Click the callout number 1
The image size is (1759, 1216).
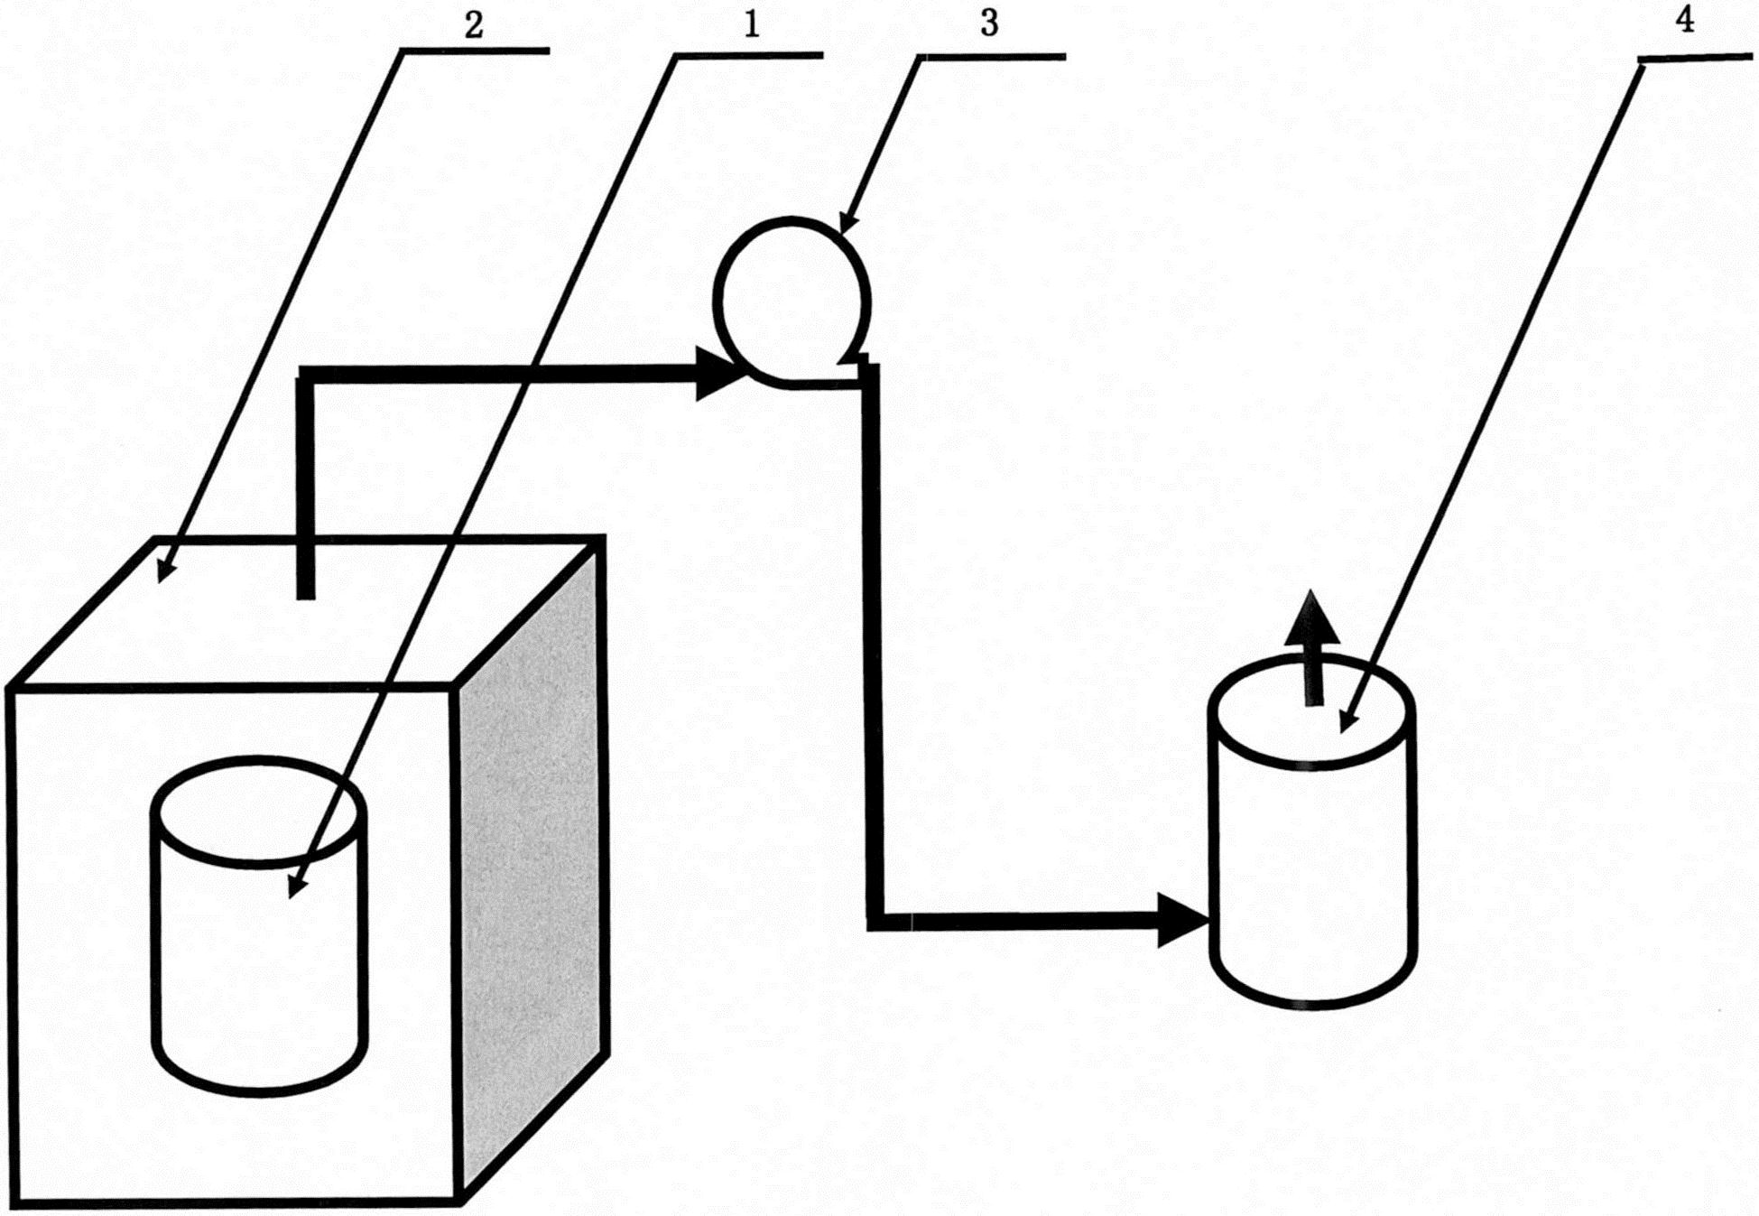[752, 24]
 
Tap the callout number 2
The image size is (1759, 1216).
[474, 24]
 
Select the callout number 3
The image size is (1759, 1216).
[989, 24]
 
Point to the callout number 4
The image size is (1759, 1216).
[1684, 20]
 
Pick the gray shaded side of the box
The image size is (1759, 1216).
[532, 867]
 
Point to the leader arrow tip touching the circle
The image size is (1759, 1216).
[842, 231]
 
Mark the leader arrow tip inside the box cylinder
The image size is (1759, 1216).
[292, 896]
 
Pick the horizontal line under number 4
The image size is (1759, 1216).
[1696, 59]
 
